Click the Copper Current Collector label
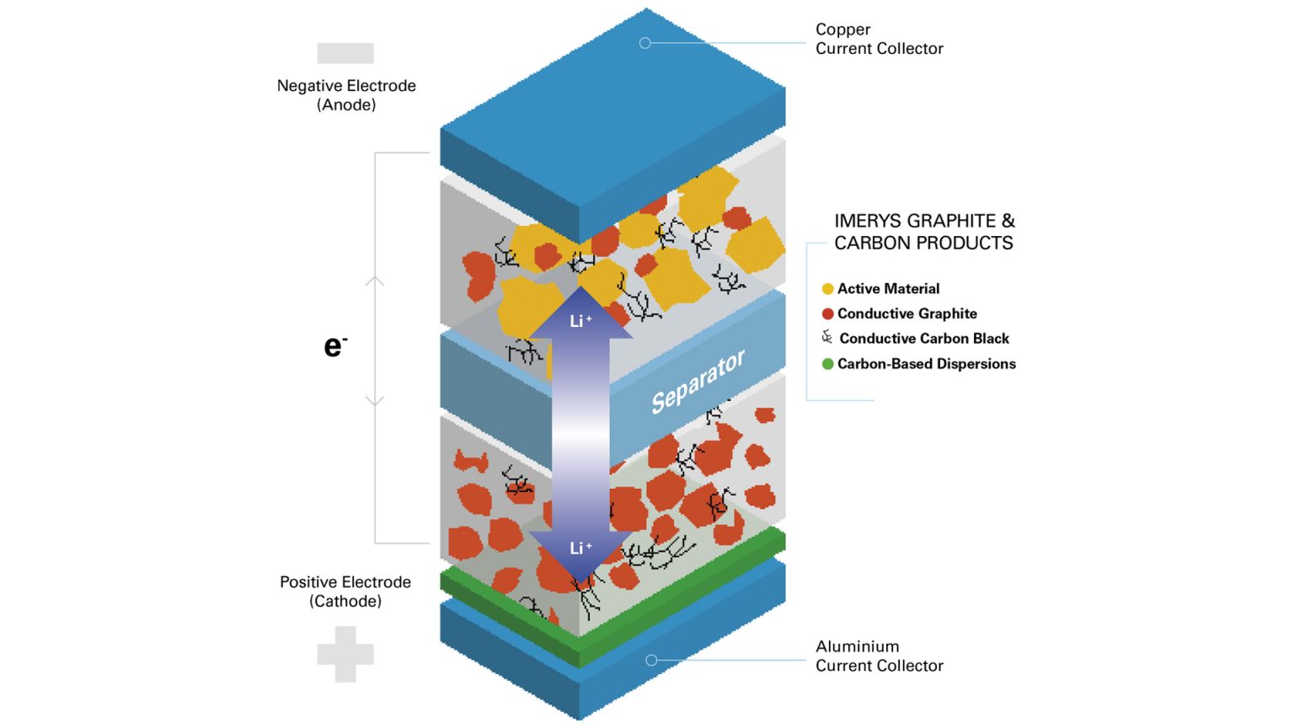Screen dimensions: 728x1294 [x=879, y=39]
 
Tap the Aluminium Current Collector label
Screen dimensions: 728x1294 [x=879, y=656]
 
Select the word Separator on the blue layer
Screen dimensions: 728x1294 [x=698, y=382]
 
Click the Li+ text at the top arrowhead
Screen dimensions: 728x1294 [x=580, y=321]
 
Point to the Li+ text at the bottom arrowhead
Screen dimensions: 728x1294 [x=580, y=548]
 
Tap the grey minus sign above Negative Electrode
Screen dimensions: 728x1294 [x=345, y=53]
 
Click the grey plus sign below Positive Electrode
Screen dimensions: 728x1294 [x=345, y=654]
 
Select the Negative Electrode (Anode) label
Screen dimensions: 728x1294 [x=346, y=94]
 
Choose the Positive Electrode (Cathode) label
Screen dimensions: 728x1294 [x=345, y=591]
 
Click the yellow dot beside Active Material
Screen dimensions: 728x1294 [x=827, y=289]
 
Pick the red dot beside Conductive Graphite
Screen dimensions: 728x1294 [x=827, y=313]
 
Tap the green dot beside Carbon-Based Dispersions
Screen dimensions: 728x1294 [x=827, y=364]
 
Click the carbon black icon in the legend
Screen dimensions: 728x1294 [x=827, y=338]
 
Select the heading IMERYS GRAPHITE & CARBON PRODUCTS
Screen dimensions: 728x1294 [x=924, y=232]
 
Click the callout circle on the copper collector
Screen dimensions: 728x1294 [x=645, y=43]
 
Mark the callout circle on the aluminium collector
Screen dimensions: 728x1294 [x=651, y=661]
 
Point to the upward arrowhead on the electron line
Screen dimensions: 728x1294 [x=375, y=280]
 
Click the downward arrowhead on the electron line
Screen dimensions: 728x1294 [x=375, y=402]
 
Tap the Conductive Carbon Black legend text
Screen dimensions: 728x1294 [x=924, y=339]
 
